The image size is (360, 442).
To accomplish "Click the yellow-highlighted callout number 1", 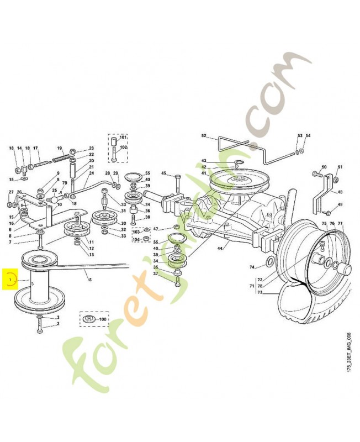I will pyautogui.click(x=10, y=280).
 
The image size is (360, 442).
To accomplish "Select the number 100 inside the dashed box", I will pyautogui.click(x=103, y=320).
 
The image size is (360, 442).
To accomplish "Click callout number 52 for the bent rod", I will pyautogui.click(x=203, y=135).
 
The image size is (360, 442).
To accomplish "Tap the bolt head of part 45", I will pyautogui.click(x=177, y=175).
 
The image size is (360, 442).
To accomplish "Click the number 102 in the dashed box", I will pyautogui.click(x=123, y=147).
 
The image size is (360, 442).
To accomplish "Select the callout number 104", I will pyautogui.click(x=136, y=238).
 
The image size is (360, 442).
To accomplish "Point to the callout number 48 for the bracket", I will pyautogui.click(x=340, y=192).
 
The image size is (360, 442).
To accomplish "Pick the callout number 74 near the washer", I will pyautogui.click(x=252, y=267).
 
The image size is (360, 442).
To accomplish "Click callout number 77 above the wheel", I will pyautogui.click(x=340, y=224).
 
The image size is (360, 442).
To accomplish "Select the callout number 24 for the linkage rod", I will pyautogui.click(x=92, y=173).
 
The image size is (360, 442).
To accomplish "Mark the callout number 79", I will pyautogui.click(x=65, y=183).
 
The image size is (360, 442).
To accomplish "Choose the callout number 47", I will pyautogui.click(x=156, y=229).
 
